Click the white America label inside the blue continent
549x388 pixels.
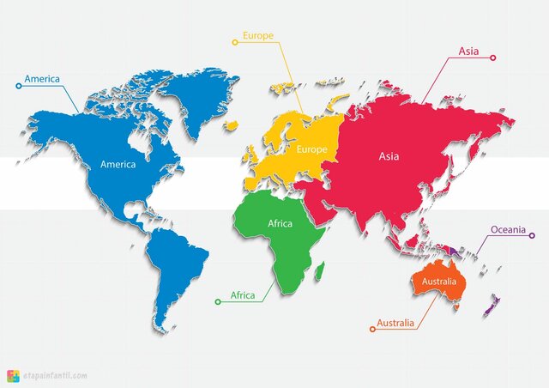118,164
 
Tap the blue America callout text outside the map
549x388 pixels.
41,79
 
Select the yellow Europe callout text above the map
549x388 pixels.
258,36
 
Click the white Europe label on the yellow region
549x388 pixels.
312,149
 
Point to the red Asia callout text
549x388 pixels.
468,51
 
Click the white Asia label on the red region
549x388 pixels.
389,156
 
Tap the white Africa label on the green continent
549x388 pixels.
280,223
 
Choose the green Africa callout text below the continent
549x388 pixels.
243,295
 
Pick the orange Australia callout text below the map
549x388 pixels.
396,323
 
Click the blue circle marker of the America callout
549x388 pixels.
19,86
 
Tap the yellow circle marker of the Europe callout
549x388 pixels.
235,41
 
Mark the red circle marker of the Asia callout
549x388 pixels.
493,58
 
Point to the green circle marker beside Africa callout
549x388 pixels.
218,302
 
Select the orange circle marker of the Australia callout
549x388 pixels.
371,329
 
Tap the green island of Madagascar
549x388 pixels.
318,272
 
